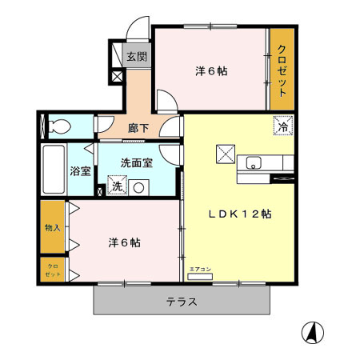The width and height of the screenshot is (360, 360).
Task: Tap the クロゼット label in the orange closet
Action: [282, 70]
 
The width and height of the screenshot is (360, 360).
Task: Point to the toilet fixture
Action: [58, 126]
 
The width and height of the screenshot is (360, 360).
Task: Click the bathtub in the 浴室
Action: [53, 170]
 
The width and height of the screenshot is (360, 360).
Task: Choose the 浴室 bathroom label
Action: [80, 170]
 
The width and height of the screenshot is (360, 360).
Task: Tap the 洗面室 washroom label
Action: [136, 162]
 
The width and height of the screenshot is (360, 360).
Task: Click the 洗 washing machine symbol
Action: [117, 187]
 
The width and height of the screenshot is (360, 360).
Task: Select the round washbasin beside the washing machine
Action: [139, 188]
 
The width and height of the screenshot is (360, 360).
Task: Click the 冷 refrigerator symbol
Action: [283, 126]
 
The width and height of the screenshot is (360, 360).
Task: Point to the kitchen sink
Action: [254, 164]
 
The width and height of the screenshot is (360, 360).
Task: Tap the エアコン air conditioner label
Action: [200, 269]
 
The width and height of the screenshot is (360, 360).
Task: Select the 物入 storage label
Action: [53, 227]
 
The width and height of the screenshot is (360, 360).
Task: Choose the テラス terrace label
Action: [182, 302]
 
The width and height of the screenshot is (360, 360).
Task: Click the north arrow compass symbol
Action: [313, 330]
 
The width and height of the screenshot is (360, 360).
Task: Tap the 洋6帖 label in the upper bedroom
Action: [211, 70]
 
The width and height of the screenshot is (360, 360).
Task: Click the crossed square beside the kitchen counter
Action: [224, 152]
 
